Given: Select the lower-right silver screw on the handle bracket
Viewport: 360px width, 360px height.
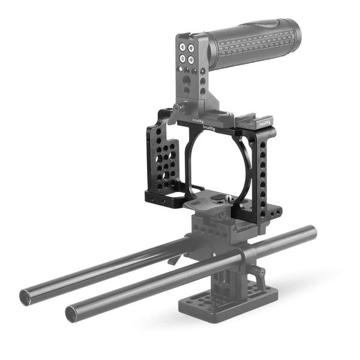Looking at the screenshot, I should [191, 60].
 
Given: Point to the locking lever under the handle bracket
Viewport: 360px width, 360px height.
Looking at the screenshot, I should [175, 111].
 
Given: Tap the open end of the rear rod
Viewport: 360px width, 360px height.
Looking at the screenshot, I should [26, 295].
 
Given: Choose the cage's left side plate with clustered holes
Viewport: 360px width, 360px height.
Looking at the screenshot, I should [162, 165].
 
